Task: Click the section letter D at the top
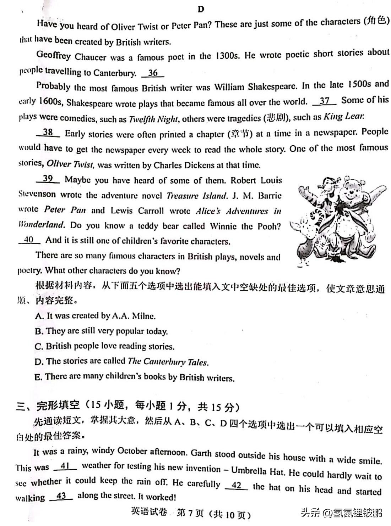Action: coord(201,9)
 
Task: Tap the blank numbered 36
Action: coord(153,73)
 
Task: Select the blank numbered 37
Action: coord(325,101)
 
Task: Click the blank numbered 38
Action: coord(48,132)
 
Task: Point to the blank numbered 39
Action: coord(48,178)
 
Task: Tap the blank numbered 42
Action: coord(236,485)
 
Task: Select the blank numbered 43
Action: coord(61,496)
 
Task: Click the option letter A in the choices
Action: coord(39,316)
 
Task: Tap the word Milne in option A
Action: coord(143,316)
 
